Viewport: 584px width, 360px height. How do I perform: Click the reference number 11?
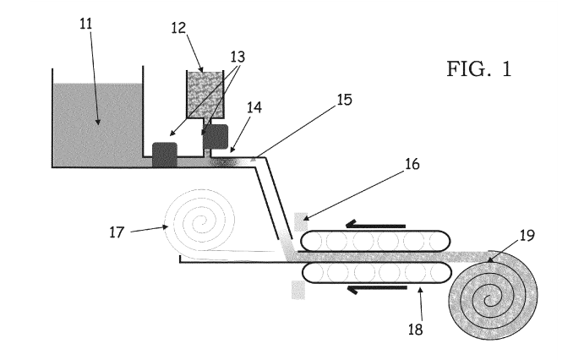click(x=85, y=24)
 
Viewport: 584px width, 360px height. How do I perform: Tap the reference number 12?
click(x=178, y=28)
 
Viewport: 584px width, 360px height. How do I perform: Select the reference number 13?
click(x=237, y=57)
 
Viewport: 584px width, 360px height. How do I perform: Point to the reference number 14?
click(x=254, y=107)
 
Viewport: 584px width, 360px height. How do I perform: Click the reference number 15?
click(x=345, y=100)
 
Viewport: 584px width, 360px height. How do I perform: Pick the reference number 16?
click(x=412, y=164)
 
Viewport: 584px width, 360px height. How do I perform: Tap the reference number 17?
click(x=117, y=232)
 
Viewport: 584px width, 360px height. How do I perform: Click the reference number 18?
click(x=416, y=330)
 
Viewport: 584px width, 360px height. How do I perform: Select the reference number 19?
click(x=527, y=236)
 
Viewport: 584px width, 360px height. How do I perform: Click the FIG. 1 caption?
click(x=479, y=69)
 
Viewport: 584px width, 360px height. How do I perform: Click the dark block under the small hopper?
click(x=216, y=137)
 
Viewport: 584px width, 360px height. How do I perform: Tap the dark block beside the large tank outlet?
click(x=165, y=155)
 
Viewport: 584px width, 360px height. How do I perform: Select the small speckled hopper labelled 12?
click(x=205, y=95)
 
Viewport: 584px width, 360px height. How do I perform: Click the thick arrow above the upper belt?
click(x=375, y=225)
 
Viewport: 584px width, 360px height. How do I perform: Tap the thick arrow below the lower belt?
click(x=377, y=289)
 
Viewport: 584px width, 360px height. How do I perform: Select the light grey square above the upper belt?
click(x=301, y=222)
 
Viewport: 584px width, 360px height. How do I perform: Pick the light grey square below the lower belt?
click(x=298, y=290)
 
